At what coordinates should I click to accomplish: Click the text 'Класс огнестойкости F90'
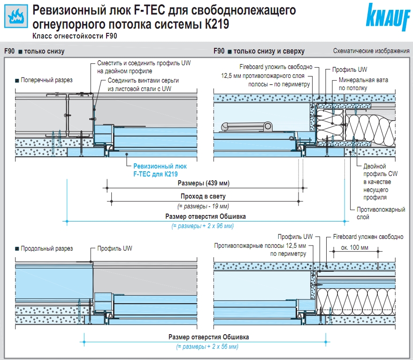[x=75, y=36]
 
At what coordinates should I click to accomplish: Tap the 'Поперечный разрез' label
[x=46, y=80]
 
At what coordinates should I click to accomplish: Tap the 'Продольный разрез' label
[x=46, y=248]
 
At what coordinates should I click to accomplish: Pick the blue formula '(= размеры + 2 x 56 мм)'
[x=207, y=346]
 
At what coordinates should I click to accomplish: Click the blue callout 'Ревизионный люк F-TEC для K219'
[x=160, y=170]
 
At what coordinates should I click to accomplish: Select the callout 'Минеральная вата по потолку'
[x=364, y=84]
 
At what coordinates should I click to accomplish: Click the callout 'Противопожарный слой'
[x=381, y=213]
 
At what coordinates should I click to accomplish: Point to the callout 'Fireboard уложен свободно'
[x=368, y=237]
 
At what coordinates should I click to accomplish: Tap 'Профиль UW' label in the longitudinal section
[x=115, y=248]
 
